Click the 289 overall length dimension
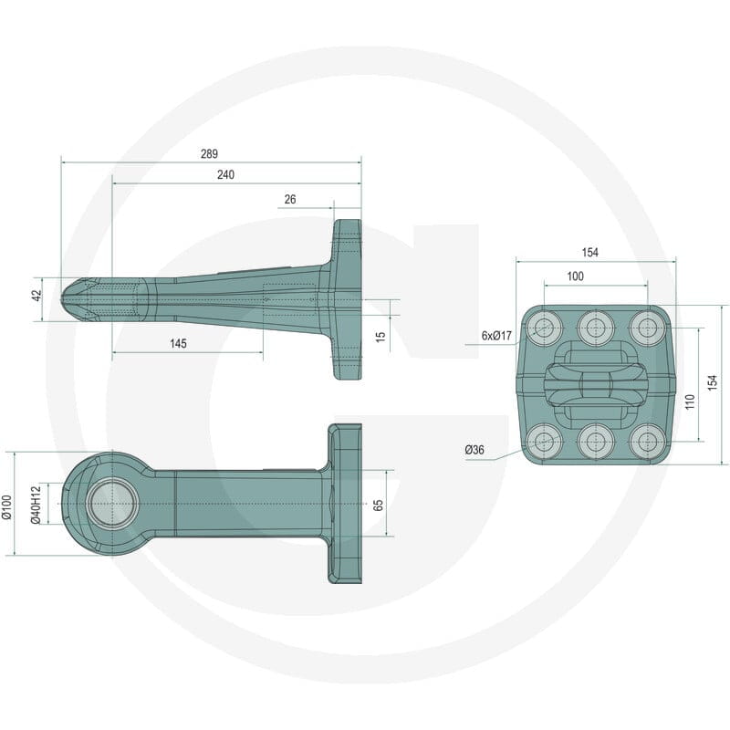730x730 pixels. tap(209, 153)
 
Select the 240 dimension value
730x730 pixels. tap(225, 174)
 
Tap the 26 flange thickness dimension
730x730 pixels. tap(290, 199)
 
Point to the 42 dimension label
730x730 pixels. tap(37, 295)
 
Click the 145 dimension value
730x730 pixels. tap(178, 344)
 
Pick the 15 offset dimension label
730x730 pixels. tap(381, 337)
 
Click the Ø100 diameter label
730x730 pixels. tap(6, 506)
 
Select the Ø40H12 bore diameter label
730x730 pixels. tap(36, 505)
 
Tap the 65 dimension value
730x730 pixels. tap(378, 506)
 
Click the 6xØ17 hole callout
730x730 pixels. tap(496, 335)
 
